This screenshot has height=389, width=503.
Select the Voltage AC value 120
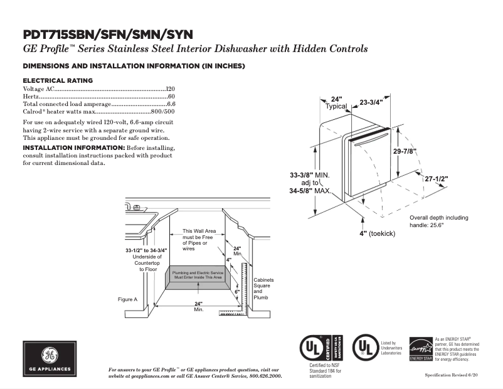click(x=170, y=90)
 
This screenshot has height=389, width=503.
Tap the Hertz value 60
click(x=171, y=97)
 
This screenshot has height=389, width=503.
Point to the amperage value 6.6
click(x=171, y=104)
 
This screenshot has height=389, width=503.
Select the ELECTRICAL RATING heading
click(x=58, y=80)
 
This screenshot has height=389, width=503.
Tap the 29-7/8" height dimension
click(x=405, y=151)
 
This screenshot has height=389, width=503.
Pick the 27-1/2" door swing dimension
click(x=437, y=179)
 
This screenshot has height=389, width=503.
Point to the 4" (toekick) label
click(x=381, y=233)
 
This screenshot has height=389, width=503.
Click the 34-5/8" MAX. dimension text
click(x=310, y=191)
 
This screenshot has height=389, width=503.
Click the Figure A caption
click(x=127, y=299)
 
